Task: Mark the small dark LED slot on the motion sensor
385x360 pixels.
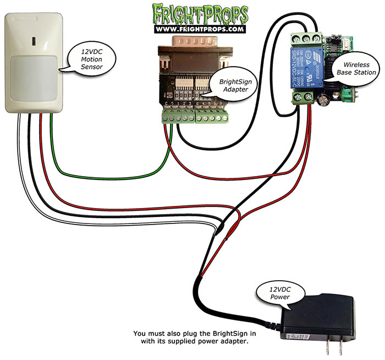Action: tap(32, 41)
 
